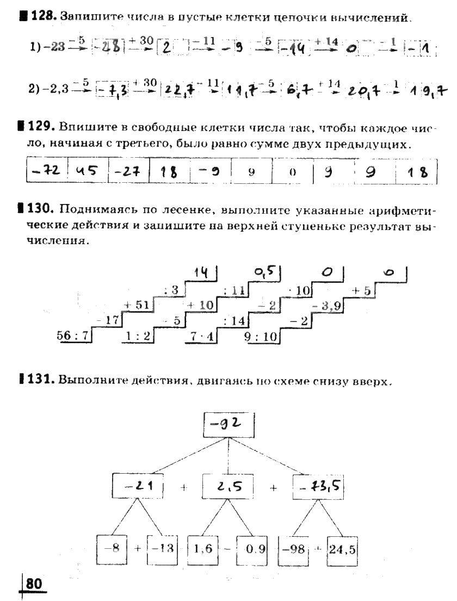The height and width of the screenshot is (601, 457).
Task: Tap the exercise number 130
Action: (45, 209)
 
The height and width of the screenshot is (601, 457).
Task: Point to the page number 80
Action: (34, 584)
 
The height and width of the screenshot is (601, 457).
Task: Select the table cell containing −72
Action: (46, 172)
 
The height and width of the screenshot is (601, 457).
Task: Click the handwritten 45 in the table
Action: (87, 172)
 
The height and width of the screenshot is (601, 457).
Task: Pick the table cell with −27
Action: (128, 172)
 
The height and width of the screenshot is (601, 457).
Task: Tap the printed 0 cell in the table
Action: (292, 173)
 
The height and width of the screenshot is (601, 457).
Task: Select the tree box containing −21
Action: (138, 486)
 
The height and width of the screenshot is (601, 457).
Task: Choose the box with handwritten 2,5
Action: (228, 486)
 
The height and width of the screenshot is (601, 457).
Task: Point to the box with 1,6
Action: (202, 548)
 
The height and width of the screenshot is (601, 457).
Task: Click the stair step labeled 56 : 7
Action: (72, 336)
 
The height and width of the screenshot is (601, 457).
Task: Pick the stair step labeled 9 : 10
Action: (261, 336)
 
